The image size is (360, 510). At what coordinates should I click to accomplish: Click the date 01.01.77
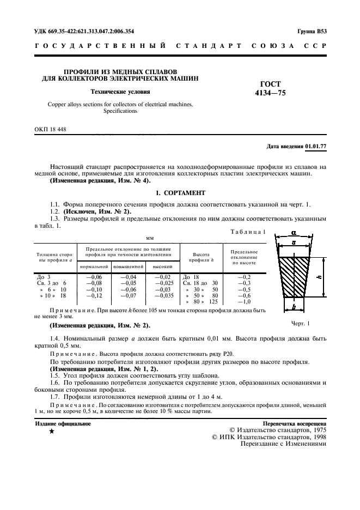[316, 147]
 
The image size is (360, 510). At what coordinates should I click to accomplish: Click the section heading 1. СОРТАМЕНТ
[180, 193]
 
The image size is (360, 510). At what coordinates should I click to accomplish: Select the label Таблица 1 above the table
[248, 232]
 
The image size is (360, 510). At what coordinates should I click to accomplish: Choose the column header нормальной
[94, 266]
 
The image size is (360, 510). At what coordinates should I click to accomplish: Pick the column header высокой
[162, 266]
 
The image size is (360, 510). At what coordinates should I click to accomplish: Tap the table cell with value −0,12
[94, 295]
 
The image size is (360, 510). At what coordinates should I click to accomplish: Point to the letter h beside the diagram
[319, 277]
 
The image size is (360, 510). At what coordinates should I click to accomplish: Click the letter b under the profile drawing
[294, 307]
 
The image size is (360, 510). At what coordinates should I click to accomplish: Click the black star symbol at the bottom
[51, 432]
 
